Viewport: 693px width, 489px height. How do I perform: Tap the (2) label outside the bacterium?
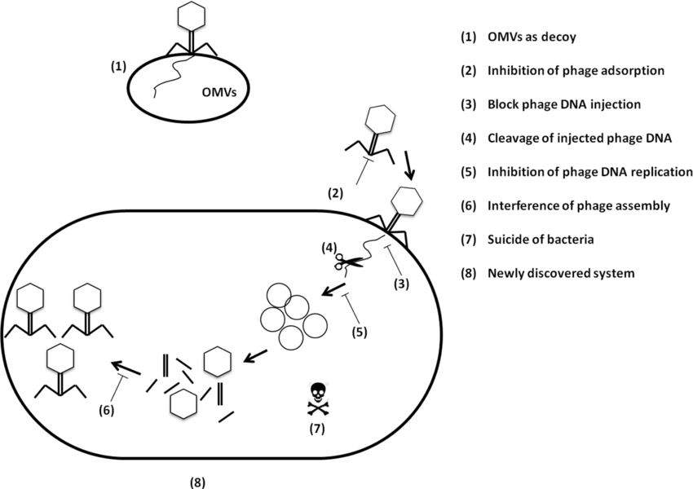pyautogui.click(x=335, y=194)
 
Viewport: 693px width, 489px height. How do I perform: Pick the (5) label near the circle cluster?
pyautogui.click(x=360, y=333)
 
